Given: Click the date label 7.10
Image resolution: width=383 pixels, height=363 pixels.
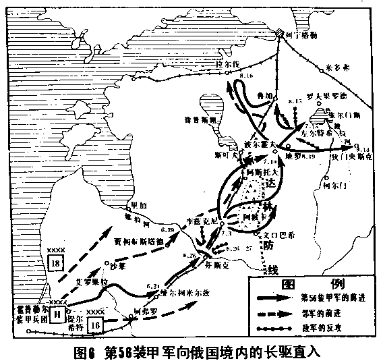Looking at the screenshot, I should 270,162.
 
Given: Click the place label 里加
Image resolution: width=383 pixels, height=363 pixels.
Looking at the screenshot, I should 138,206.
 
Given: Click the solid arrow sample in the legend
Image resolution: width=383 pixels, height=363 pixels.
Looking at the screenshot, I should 274,298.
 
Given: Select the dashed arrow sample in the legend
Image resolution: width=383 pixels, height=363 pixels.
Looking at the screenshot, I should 274,312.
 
